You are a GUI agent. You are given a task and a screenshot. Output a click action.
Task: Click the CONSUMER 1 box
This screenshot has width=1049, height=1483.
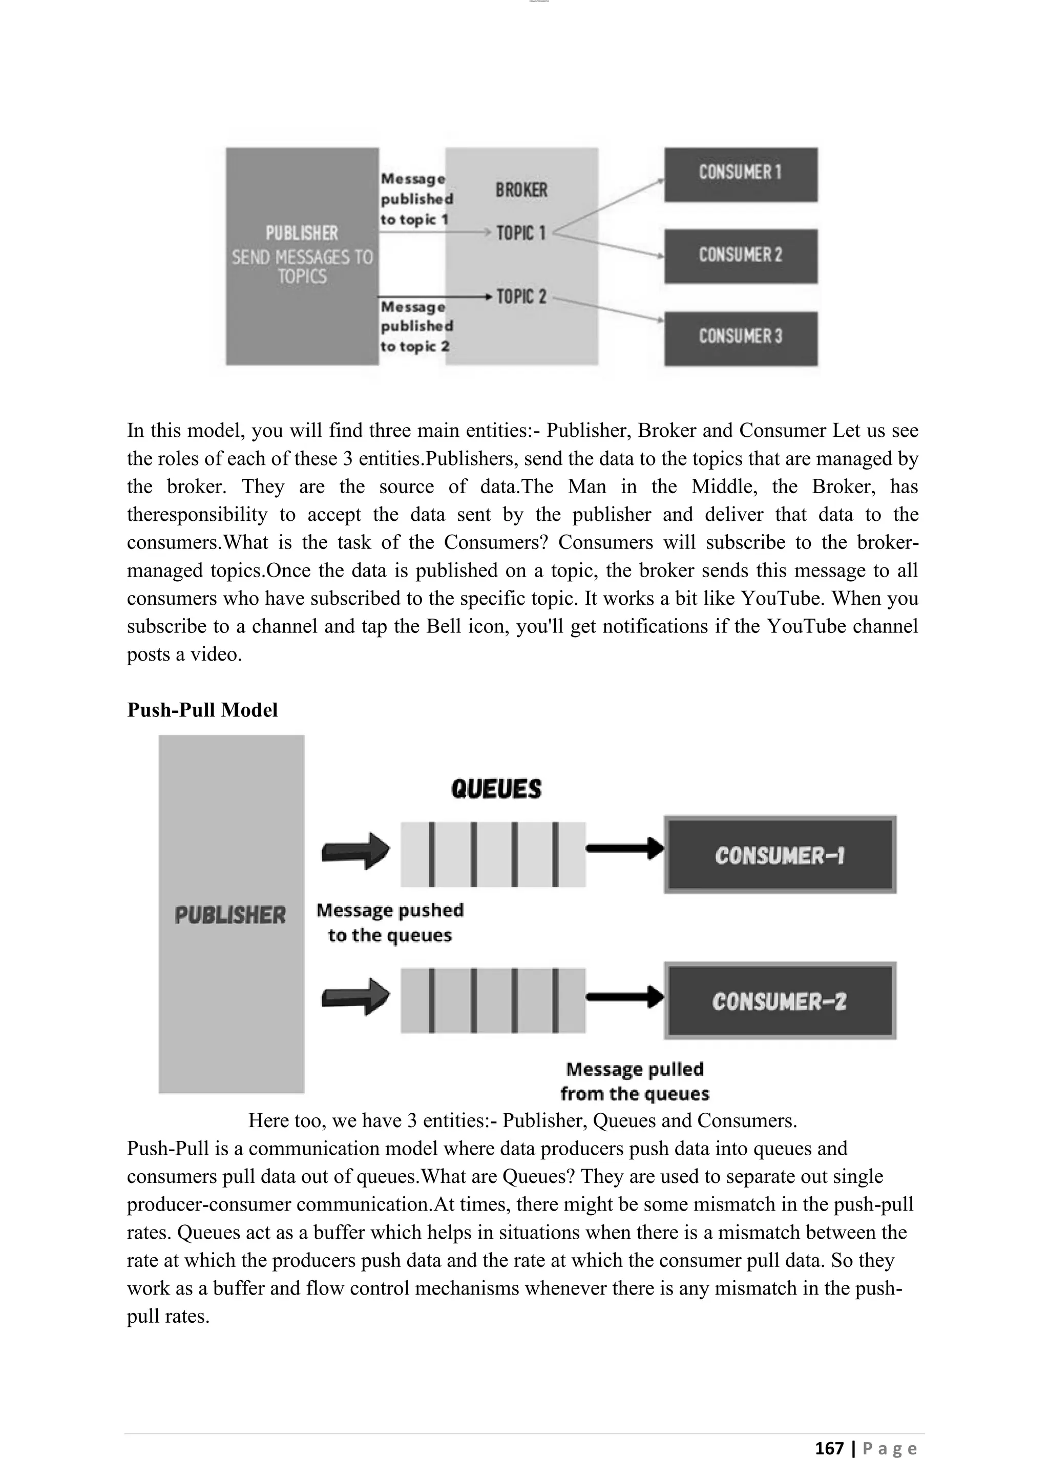click(740, 175)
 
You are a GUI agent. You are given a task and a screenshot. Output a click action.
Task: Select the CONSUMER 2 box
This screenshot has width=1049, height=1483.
click(740, 256)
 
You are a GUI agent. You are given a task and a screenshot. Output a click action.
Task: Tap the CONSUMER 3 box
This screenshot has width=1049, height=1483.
click(740, 338)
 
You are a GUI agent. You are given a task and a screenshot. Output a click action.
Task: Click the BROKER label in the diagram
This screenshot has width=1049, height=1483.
click(521, 190)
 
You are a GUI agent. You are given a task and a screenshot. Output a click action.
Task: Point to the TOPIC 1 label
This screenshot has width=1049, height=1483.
click(520, 232)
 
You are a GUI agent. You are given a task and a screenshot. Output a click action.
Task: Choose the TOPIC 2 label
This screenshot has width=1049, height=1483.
click(520, 296)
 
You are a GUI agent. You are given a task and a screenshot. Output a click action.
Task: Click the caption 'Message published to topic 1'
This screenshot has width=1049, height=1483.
click(416, 199)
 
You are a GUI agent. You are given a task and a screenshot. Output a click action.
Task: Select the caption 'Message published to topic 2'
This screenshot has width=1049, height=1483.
click(416, 326)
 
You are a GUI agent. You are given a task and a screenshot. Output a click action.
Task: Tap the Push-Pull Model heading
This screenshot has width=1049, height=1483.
click(202, 710)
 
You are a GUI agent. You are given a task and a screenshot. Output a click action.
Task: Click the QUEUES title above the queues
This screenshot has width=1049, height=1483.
click(496, 789)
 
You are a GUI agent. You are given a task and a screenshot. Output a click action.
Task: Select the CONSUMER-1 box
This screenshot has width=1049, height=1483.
click(780, 855)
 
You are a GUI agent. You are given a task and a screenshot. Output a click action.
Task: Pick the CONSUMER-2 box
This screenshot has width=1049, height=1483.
click(780, 1001)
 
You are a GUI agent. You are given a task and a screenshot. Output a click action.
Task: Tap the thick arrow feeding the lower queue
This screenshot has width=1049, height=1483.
click(355, 997)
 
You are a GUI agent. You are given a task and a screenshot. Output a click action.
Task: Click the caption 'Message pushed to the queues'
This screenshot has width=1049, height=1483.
click(390, 922)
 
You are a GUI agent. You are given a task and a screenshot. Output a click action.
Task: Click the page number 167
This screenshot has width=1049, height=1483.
click(829, 1448)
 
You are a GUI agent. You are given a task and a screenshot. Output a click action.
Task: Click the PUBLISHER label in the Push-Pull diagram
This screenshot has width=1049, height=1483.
click(230, 915)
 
